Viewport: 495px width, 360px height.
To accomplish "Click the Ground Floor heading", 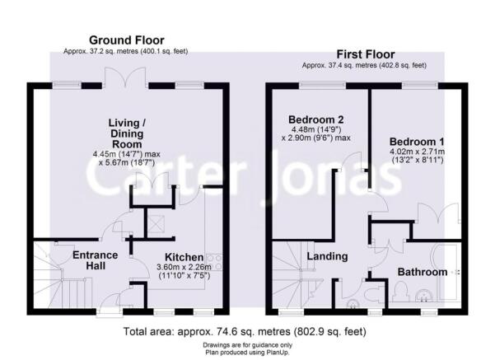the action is pyautogui.click(x=127, y=40).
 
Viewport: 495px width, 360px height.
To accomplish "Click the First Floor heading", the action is pyautogui.click(x=365, y=54).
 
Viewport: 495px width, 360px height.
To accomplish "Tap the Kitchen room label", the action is pyautogui.click(x=184, y=257).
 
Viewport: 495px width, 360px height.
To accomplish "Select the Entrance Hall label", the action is pyautogui.click(x=96, y=260).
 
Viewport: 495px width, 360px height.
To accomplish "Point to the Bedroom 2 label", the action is pyautogui.click(x=316, y=119).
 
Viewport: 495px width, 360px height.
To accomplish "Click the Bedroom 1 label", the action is pyautogui.click(x=417, y=142).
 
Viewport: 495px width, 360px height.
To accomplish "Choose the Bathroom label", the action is pyautogui.click(x=423, y=272).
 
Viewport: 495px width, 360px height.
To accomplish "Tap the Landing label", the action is pyautogui.click(x=327, y=256).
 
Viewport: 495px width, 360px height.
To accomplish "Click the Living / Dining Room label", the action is pyautogui.click(x=127, y=133).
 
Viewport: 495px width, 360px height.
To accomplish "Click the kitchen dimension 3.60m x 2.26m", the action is pyautogui.click(x=184, y=267).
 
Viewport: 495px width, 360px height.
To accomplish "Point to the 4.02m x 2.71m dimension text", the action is pyautogui.click(x=417, y=152).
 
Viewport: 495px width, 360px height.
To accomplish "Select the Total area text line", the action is pyautogui.click(x=245, y=331).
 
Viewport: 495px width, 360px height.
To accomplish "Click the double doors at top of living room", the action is pyautogui.click(x=126, y=77).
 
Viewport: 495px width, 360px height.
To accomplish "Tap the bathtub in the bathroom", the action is pyautogui.click(x=446, y=272).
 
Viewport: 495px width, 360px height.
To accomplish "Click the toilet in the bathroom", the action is pyautogui.click(x=400, y=291).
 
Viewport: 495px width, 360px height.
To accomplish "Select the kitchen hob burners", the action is pyautogui.click(x=215, y=263).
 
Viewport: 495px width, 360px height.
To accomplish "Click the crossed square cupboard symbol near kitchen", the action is pyautogui.click(x=156, y=224).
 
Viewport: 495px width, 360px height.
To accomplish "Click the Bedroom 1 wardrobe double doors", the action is pyautogui.click(x=437, y=214).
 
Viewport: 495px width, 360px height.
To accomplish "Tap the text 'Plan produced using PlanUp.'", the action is pyautogui.click(x=247, y=352).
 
